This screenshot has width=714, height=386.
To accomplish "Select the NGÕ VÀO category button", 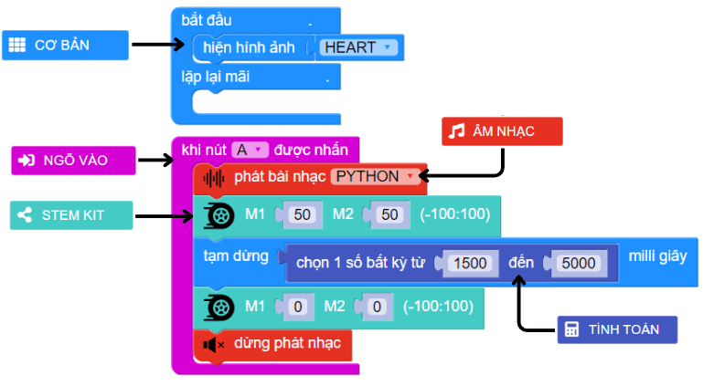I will [x=73, y=160].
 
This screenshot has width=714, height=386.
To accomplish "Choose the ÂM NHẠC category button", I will [x=501, y=131].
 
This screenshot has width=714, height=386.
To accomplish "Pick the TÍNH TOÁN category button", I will [x=617, y=329].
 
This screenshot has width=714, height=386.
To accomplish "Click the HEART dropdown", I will [x=357, y=47].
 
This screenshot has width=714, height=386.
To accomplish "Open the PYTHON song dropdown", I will [x=375, y=176].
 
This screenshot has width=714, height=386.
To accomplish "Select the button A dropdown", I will [x=248, y=150].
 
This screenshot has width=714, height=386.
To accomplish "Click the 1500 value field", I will [x=471, y=263].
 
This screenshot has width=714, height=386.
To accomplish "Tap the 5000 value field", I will [x=577, y=263].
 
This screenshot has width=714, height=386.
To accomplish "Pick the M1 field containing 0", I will [x=296, y=307].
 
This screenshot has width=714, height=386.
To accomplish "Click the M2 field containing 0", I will [x=376, y=307].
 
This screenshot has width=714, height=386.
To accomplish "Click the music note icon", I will [x=457, y=131].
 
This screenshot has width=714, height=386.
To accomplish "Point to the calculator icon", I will [x=572, y=329].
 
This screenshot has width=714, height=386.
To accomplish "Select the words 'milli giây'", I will [x=656, y=256].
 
